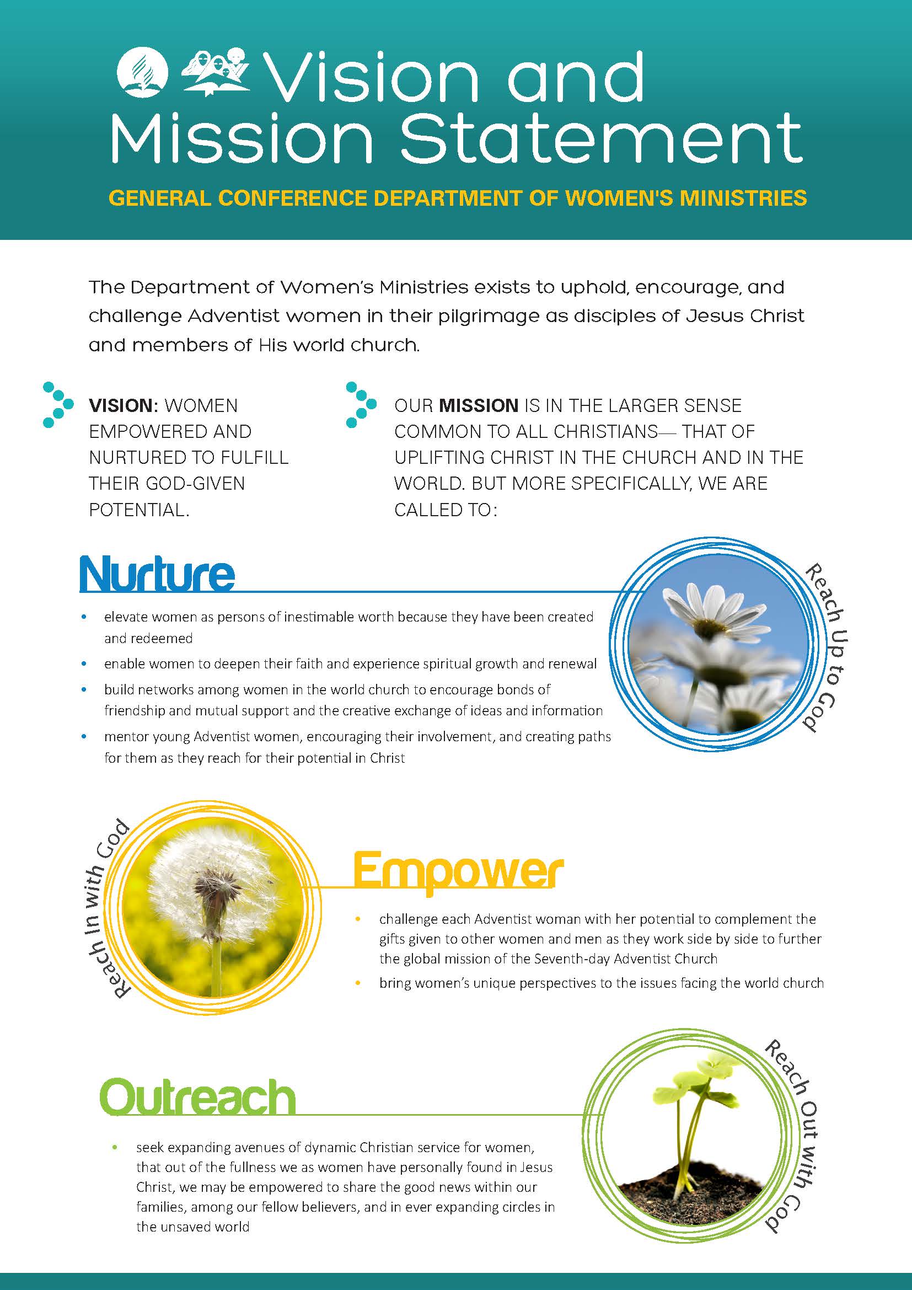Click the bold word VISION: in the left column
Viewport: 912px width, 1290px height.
point(124,406)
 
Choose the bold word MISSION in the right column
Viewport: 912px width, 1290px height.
point(479,406)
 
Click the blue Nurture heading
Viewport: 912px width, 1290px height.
point(157,574)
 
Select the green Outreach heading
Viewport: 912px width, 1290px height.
point(198,1098)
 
